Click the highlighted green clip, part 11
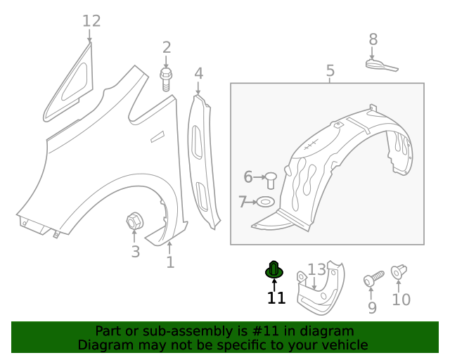[274, 270]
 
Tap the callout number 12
[91, 21]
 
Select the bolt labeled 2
[166, 79]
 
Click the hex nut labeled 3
[134, 221]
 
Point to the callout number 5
[330, 70]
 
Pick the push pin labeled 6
[271, 180]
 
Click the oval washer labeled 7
[266, 202]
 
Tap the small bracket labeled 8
[381, 65]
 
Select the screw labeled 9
[373, 278]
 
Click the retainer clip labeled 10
[399, 271]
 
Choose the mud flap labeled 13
[321, 288]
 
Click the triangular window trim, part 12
[69, 83]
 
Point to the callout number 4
[198, 74]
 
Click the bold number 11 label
[276, 298]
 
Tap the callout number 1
[170, 262]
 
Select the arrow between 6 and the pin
[260, 177]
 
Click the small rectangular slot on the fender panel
[157, 136]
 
